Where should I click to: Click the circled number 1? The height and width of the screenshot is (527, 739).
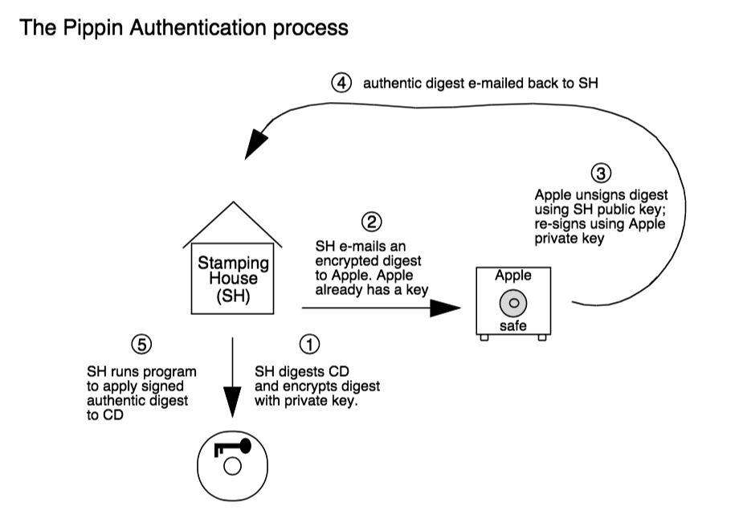(309, 343)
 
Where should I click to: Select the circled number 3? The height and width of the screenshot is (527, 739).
(601, 173)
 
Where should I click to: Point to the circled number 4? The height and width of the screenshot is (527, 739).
(343, 83)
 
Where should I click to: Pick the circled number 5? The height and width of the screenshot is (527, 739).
(141, 343)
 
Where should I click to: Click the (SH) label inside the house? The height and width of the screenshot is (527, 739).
(231, 295)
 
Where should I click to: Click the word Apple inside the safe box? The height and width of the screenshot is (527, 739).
(512, 276)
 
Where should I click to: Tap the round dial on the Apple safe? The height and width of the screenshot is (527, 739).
(512, 303)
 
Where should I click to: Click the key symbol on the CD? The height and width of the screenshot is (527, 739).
(235, 447)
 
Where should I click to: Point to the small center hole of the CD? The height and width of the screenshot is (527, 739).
(231, 466)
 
